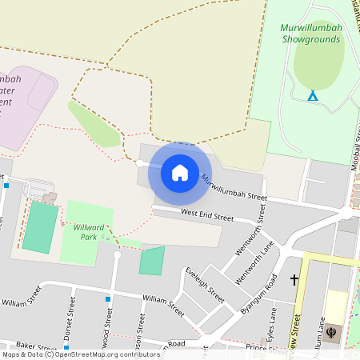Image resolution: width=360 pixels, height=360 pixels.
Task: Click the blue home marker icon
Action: [180, 172]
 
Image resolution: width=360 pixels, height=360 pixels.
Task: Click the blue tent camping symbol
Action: [313, 95]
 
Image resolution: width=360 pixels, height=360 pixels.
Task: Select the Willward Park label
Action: [85, 232]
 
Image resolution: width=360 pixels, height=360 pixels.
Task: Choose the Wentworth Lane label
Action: [254, 266]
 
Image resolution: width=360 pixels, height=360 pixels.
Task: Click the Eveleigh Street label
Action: [204, 283]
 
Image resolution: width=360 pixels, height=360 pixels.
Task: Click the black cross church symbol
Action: [294, 280]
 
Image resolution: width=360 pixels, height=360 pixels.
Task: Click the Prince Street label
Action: [266, 347]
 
